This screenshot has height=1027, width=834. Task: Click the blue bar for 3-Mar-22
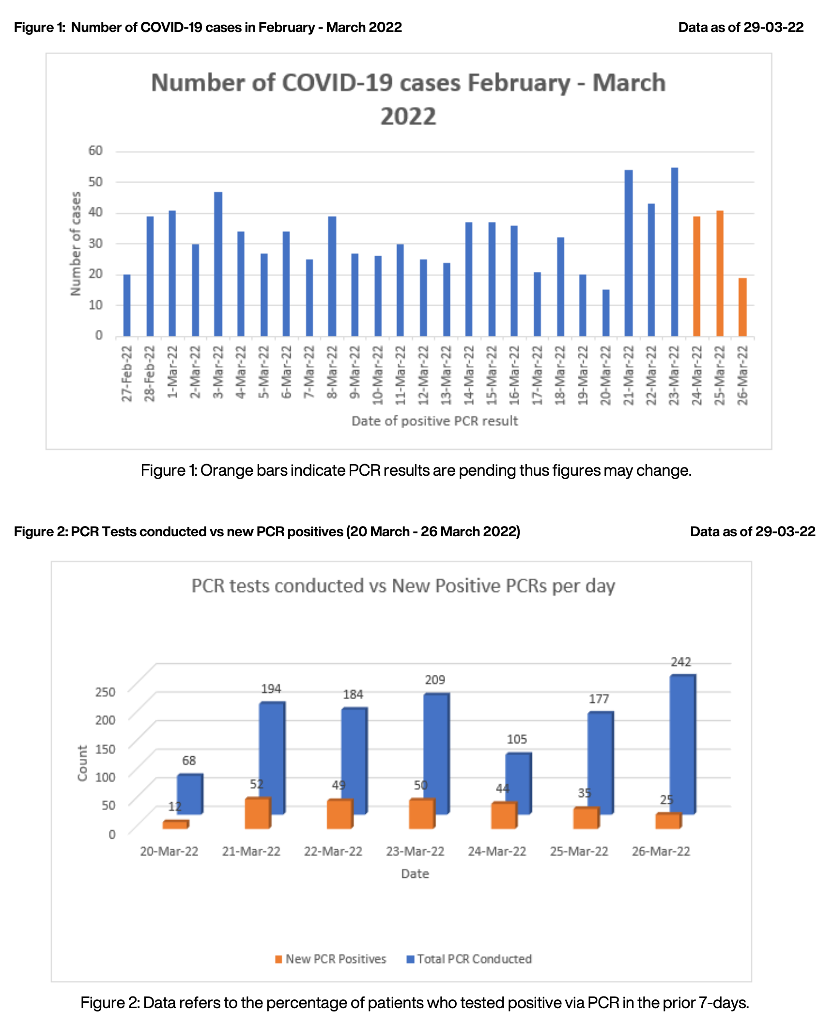point(218,264)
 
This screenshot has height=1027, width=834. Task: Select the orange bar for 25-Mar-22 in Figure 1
point(720,273)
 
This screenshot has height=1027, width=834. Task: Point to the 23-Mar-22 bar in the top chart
point(674,252)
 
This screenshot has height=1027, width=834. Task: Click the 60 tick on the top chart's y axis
point(95,151)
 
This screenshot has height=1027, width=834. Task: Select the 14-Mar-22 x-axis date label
point(469,374)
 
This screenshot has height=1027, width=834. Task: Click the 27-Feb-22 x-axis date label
point(127,373)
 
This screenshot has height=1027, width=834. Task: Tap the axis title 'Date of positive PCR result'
point(434,421)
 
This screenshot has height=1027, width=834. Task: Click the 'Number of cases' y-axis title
point(76,243)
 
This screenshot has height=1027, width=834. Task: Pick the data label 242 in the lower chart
point(680,662)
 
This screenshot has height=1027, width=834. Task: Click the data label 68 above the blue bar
point(189,761)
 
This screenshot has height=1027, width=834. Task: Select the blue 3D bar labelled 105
point(518,783)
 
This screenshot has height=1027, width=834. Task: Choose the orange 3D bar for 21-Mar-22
point(257,813)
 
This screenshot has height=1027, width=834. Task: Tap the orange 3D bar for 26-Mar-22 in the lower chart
point(667,821)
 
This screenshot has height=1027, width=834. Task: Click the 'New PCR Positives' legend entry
point(330,959)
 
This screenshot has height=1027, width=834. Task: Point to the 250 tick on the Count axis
point(105,692)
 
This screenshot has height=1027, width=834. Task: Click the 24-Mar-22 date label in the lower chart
point(497,851)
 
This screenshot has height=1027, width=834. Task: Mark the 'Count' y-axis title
point(82,762)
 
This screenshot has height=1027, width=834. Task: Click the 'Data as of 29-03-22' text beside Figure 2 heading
point(752,531)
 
